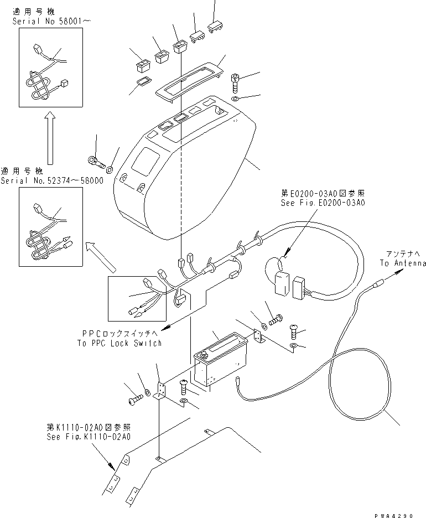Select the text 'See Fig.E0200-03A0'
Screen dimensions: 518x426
pyautogui.click(x=323, y=203)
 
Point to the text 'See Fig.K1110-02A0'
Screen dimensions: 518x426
pyautogui.click(x=88, y=437)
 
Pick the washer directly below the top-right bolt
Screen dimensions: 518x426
pyautogui.click(x=235, y=99)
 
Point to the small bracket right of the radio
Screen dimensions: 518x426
pyautogui.click(x=257, y=338)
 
